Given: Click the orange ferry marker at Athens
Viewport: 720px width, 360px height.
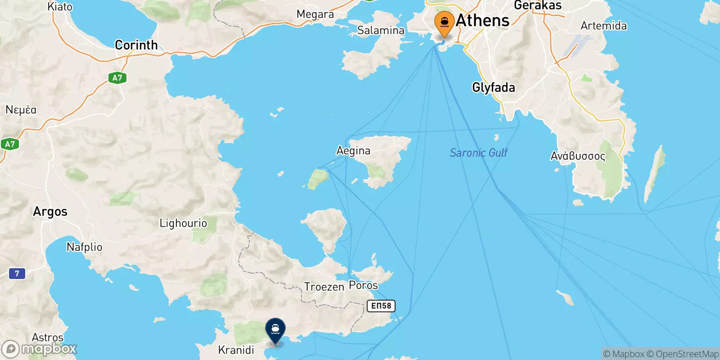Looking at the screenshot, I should coord(444,22).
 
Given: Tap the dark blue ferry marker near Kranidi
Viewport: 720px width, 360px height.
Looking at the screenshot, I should coord(275,330).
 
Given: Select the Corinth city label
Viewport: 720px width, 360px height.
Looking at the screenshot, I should coord(136,45).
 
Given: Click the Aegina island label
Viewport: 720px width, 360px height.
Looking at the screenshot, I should coord(353,151).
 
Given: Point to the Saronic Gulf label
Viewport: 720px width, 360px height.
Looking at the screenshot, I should coord(478,153).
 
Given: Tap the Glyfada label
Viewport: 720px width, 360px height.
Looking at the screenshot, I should coord(493,87).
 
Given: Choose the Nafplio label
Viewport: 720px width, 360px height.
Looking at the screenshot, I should coord(85,247).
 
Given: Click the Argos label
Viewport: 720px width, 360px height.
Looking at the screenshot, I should coord(50,211).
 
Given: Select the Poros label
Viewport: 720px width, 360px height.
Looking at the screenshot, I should coord(364,285).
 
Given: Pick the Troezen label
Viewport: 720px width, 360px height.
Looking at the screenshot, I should coord(324,287).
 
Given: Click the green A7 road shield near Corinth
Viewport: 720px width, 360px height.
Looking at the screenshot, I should coord(117,78).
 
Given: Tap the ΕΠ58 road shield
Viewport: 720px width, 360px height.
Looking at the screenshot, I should coord(381,306).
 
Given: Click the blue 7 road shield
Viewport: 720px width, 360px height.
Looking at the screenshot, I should coord(17,273).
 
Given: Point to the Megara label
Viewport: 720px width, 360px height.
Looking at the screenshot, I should coord(315,14).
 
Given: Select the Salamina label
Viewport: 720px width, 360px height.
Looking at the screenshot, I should coord(381,30).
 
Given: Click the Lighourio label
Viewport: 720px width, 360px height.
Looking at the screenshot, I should coord(183,223).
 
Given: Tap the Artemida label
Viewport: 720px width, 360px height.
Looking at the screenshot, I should coord(603,26).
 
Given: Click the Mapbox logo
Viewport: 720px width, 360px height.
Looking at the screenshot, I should coord(40,349).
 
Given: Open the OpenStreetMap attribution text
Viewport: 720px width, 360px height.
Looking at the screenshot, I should coord(687,354).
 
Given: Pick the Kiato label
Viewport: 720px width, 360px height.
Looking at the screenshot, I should coord(60,7).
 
